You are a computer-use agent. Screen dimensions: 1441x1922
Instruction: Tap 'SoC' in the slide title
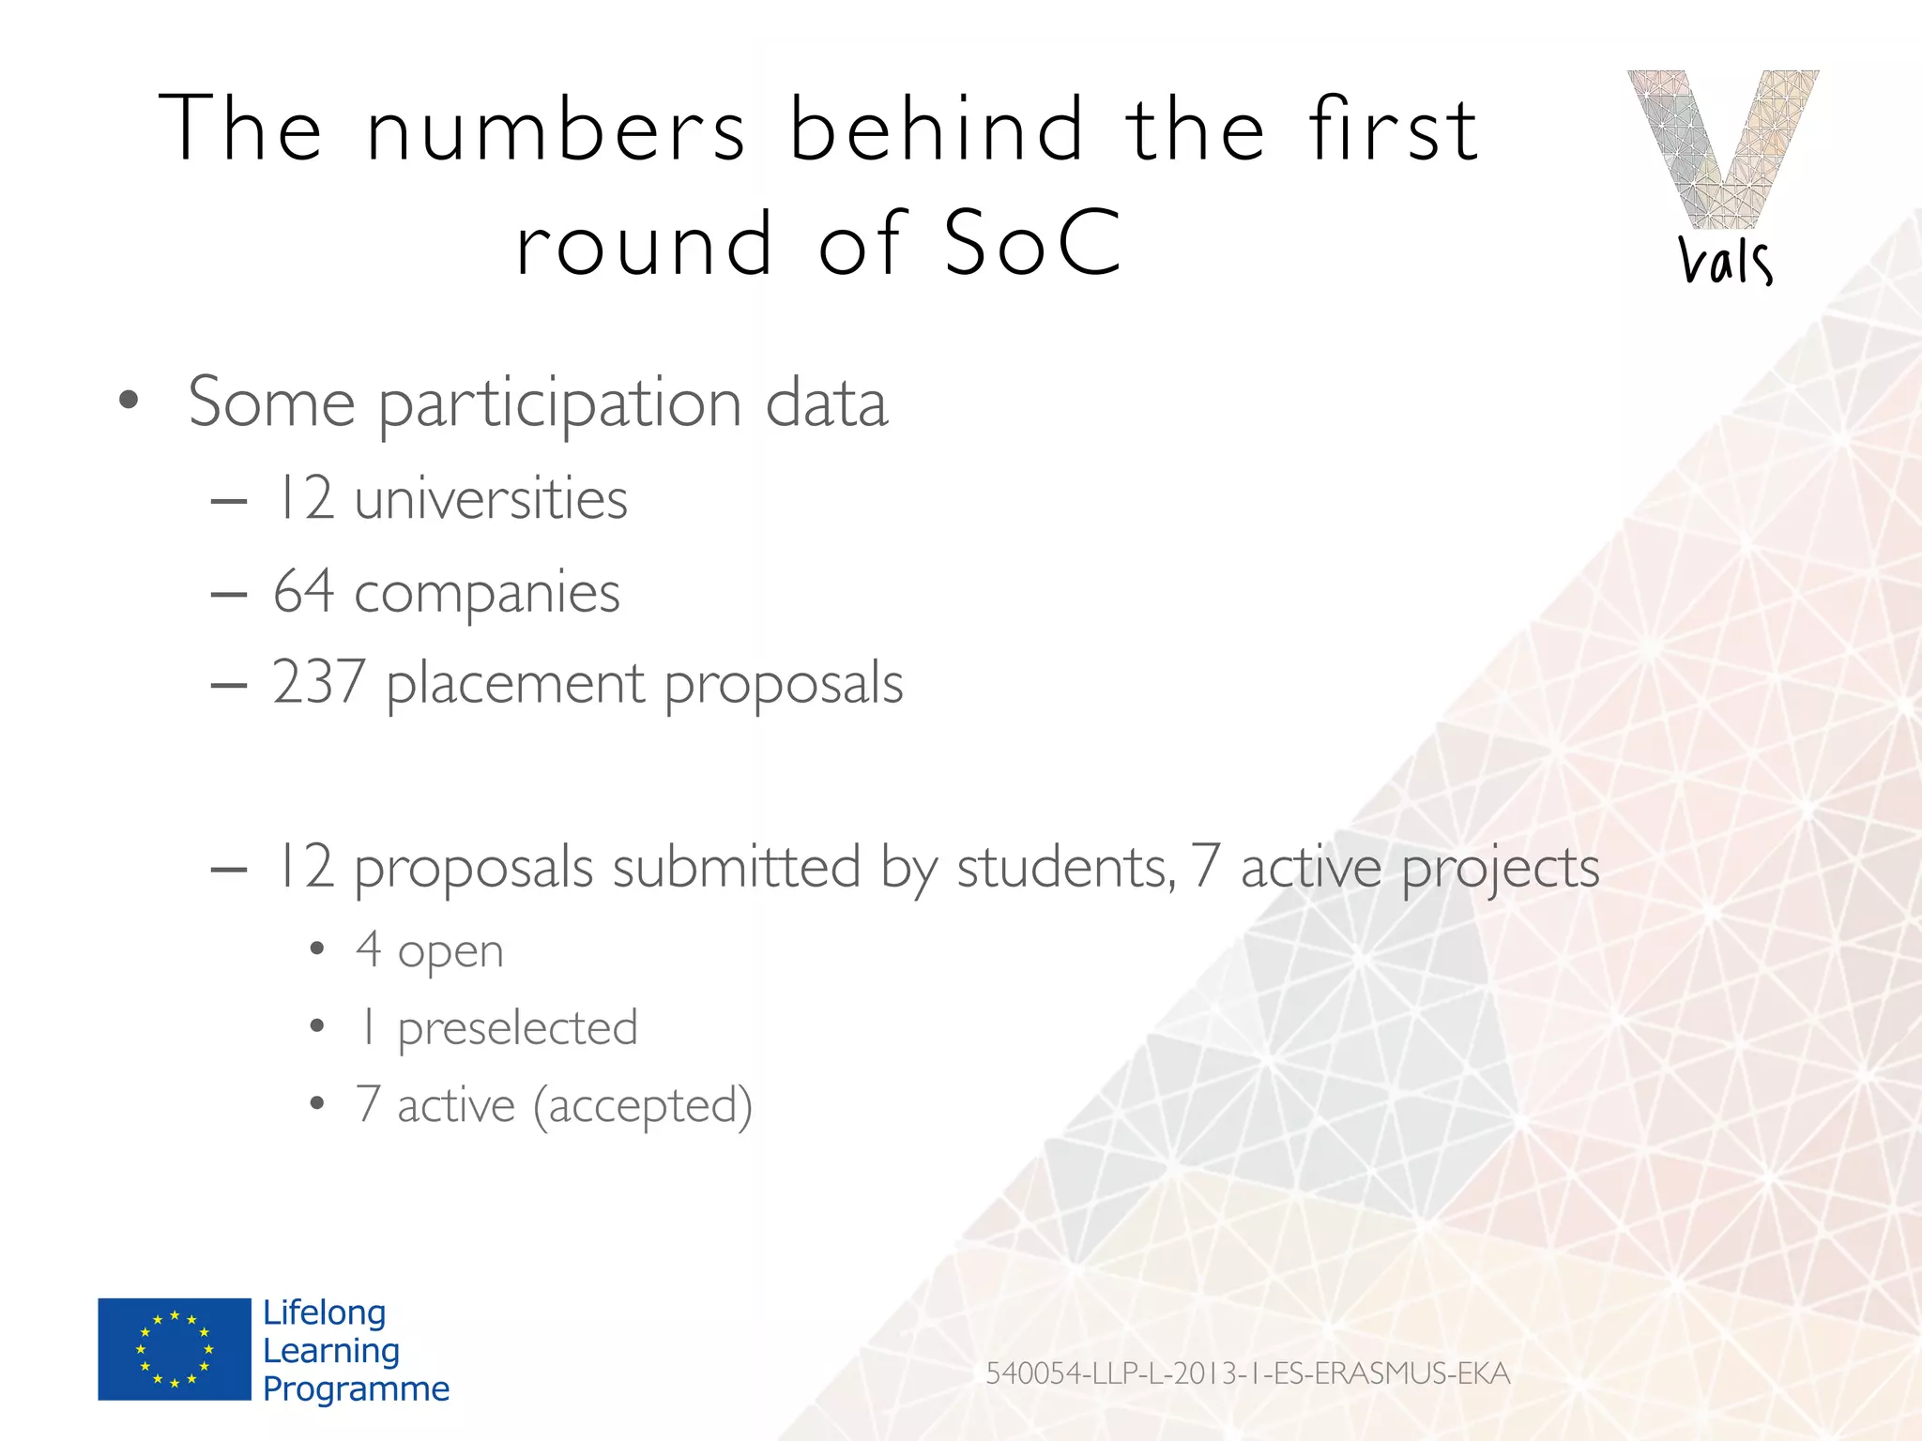(1032, 244)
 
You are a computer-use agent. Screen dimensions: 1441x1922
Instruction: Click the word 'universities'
(491, 498)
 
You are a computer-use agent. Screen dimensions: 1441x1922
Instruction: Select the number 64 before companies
(303, 592)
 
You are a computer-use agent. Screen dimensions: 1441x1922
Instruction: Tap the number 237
(318, 682)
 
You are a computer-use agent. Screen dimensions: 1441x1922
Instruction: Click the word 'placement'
(515, 684)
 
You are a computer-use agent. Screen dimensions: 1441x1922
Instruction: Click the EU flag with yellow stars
(175, 1349)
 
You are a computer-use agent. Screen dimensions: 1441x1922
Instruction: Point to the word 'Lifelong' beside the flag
(324, 1312)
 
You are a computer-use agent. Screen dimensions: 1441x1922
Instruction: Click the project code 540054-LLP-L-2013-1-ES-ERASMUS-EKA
(1247, 1373)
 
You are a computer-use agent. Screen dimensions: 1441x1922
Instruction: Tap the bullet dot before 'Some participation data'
(129, 402)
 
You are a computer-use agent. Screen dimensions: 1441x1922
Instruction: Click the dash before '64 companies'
(229, 595)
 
